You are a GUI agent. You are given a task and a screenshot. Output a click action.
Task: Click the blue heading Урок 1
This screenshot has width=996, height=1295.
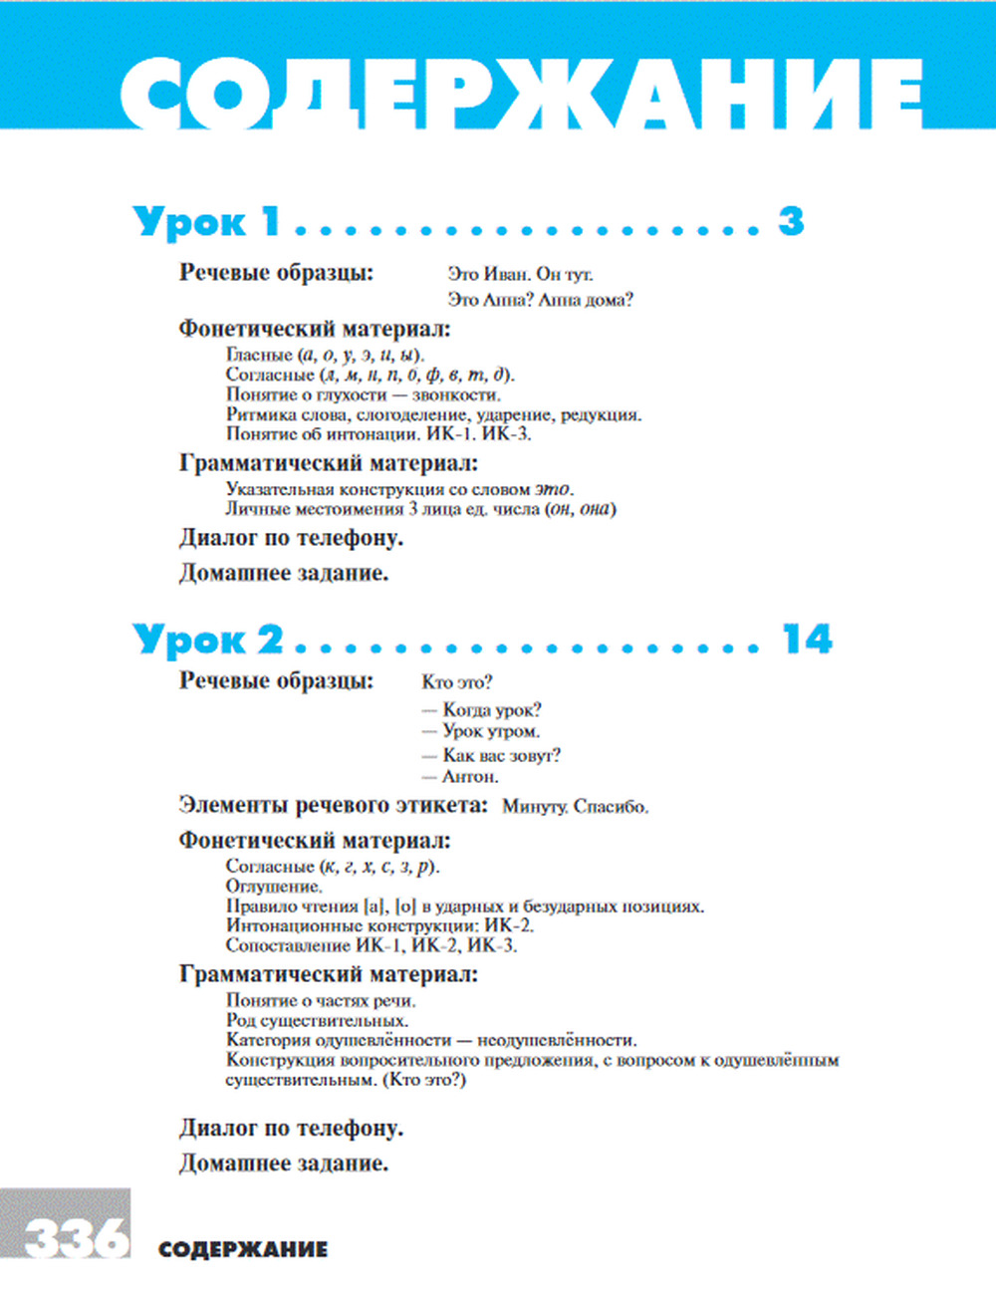tap(207, 221)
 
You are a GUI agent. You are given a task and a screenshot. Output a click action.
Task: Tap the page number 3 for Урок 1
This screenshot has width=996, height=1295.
tap(791, 221)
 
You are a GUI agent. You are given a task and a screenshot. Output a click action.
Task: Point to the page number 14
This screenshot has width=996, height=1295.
tap(807, 640)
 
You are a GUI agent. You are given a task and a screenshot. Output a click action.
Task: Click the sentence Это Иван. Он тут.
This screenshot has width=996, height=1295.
tap(520, 274)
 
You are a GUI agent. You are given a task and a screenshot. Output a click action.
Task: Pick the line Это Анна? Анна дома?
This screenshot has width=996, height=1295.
tap(540, 299)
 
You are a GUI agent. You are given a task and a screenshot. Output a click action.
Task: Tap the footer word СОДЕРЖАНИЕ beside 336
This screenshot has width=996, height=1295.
tap(242, 1249)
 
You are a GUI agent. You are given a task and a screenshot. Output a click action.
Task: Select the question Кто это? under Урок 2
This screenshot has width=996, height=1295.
tap(457, 682)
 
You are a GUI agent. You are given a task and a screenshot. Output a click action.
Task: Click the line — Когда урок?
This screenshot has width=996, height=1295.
tap(482, 710)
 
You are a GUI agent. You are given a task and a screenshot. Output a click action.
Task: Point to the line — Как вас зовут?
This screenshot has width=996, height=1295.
tap(491, 756)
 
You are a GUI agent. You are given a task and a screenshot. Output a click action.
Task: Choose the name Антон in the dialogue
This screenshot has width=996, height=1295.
tap(470, 777)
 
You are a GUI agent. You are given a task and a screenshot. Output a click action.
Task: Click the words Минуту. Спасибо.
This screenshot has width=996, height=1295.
tap(575, 807)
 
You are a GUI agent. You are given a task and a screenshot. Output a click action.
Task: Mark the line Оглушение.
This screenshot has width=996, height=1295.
tap(274, 887)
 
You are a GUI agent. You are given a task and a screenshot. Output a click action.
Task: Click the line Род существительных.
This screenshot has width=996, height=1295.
tap(317, 1020)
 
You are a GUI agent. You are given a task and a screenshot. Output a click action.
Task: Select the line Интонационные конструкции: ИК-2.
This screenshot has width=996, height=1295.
tap(379, 926)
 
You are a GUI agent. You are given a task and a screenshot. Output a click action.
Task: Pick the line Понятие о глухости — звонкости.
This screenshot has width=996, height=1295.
tap(364, 394)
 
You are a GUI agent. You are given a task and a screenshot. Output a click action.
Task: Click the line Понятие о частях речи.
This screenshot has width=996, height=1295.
tap(321, 1000)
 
